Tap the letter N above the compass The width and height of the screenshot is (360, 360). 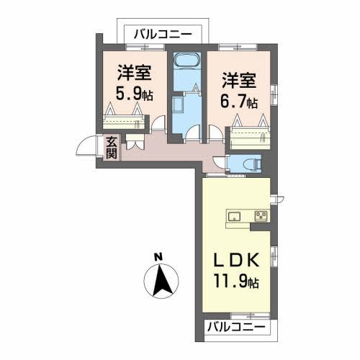tap(160, 256)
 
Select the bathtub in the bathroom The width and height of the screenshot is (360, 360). tap(186, 67)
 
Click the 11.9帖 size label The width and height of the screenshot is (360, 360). tap(235, 282)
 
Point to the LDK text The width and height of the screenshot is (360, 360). tap(235, 258)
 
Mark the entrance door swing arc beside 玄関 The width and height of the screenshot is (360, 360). tap(89, 149)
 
